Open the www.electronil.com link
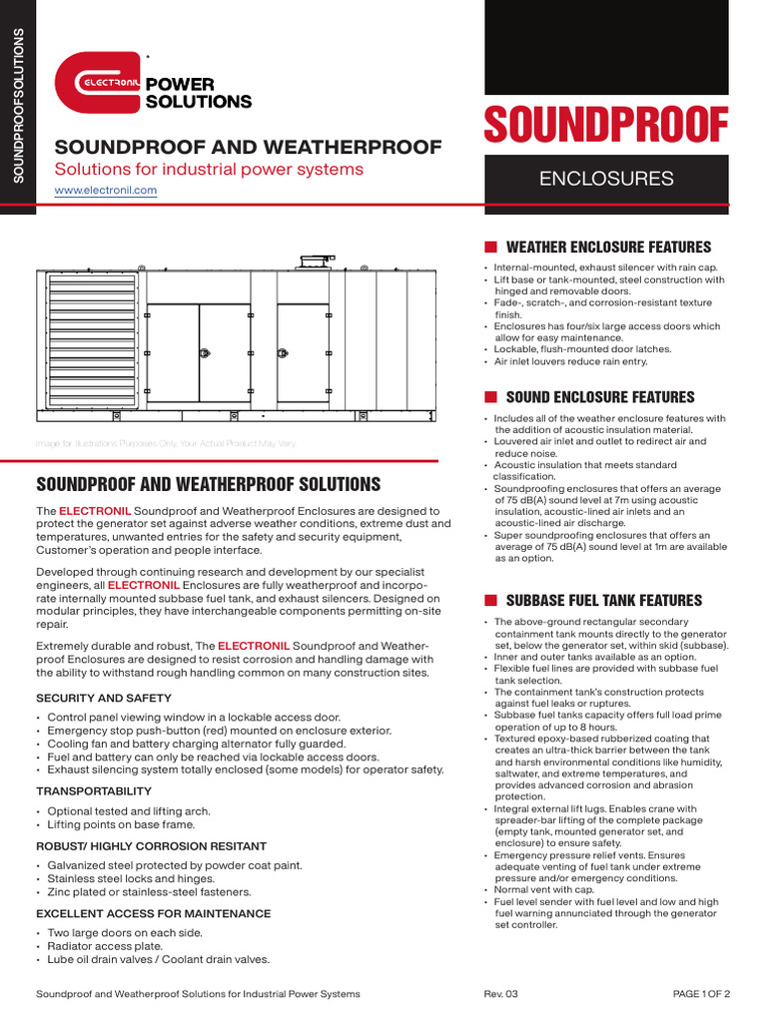105,190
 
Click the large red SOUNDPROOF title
606,126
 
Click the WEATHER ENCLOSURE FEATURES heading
608,248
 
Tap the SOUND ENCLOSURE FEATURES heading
600,397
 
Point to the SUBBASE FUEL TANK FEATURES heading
604,601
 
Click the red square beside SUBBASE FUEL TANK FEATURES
490,601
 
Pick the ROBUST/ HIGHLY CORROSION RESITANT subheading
151,845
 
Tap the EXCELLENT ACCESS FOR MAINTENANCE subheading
153,913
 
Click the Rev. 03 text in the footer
500,994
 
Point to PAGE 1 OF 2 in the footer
701,994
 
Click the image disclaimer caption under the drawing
166,443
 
